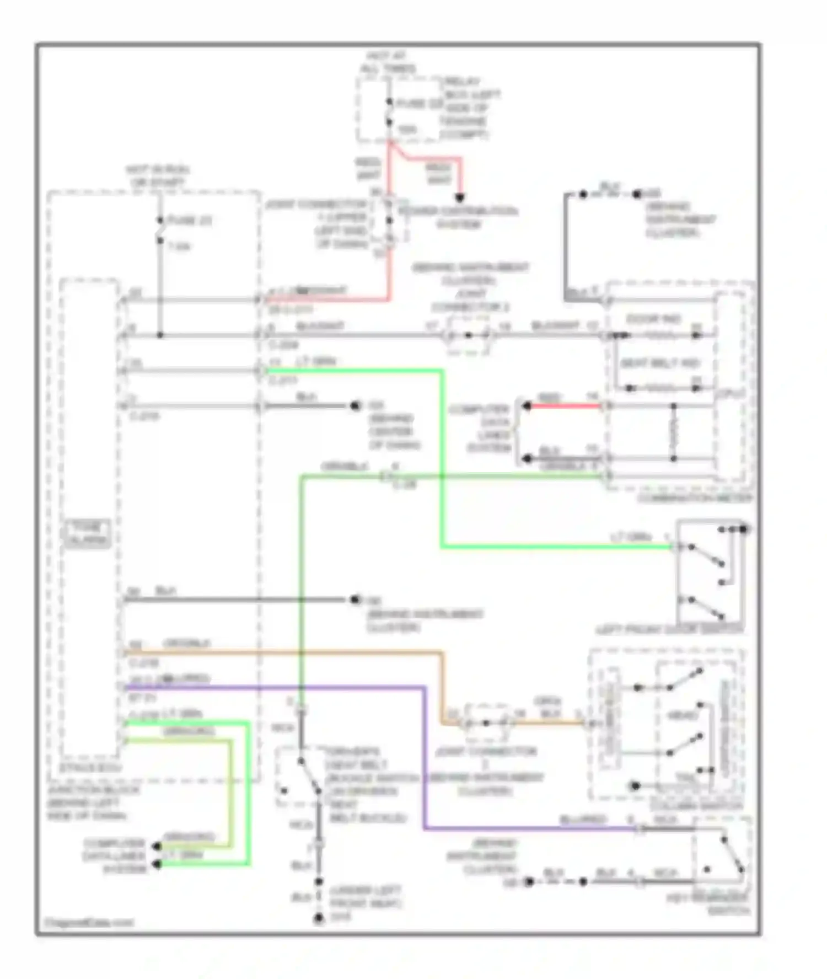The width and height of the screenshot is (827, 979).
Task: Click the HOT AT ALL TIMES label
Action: tap(388, 62)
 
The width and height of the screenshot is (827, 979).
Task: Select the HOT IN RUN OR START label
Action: tap(157, 175)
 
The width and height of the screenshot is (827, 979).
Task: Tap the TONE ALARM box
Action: tap(87, 534)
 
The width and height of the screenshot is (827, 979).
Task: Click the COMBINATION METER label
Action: tap(694, 498)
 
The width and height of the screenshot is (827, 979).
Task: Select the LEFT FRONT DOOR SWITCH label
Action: tap(669, 629)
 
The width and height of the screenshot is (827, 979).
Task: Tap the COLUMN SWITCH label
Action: tap(696, 806)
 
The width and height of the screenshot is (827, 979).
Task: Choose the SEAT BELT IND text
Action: tap(660, 363)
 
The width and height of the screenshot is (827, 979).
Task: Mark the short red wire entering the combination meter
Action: tap(562, 406)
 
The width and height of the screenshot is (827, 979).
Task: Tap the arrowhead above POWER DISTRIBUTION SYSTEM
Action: tap(459, 198)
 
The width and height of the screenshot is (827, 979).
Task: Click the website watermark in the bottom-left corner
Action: tap(88, 922)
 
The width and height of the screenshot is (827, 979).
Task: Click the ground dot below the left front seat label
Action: tap(319, 918)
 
